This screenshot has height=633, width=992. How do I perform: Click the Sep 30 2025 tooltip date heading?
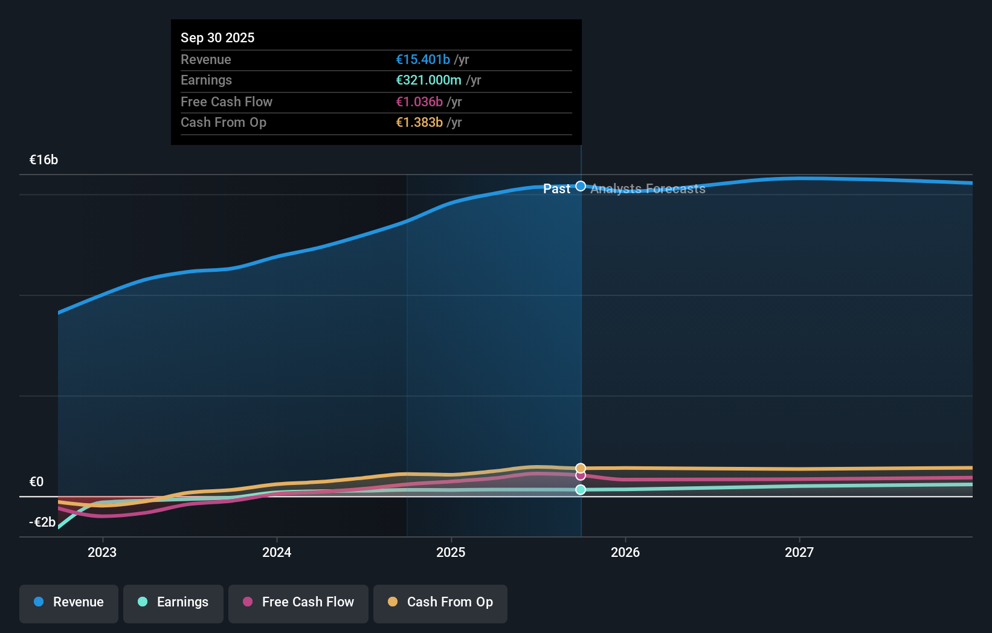point(217,37)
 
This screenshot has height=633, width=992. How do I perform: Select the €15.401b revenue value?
point(422,59)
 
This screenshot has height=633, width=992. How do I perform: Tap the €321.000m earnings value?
point(428,80)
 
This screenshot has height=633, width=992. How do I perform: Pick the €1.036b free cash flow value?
point(419,101)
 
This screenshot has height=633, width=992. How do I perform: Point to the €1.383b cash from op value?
point(419,122)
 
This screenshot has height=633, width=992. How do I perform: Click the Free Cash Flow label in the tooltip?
point(226,101)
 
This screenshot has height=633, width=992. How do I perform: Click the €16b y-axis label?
point(43,159)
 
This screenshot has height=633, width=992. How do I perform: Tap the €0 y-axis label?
point(36,481)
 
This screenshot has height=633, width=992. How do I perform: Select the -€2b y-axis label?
point(42,522)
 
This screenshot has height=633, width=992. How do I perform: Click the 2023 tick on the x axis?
point(102,552)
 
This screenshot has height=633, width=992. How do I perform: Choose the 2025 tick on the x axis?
point(451,552)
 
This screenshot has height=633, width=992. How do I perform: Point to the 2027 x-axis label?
point(799,552)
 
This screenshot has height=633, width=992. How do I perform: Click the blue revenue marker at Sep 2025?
point(581,186)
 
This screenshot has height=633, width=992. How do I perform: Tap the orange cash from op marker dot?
point(581,468)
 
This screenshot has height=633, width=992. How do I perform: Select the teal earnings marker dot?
point(581,490)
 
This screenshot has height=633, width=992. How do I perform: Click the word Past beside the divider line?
point(556,189)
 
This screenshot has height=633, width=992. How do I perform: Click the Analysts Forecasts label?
point(648,189)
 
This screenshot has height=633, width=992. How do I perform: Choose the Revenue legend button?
point(69,602)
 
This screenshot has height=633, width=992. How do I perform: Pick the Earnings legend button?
point(173,602)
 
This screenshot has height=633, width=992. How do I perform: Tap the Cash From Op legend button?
point(440,602)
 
